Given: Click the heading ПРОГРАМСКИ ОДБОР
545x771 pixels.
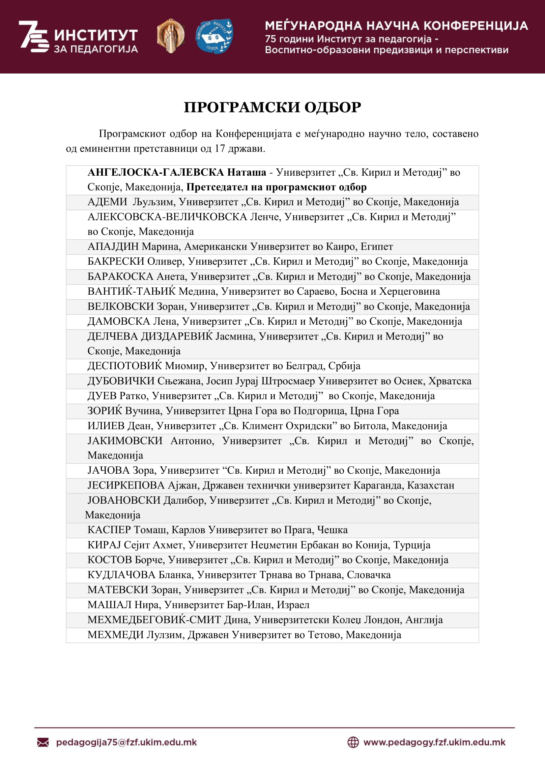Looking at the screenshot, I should (x=272, y=107).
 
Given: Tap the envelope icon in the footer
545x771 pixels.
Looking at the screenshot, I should (x=43, y=742).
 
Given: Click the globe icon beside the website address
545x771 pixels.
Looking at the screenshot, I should (x=353, y=742).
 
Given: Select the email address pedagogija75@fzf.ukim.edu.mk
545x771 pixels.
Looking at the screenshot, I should (x=126, y=742).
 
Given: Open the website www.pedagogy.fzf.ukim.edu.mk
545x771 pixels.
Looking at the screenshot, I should (x=434, y=742).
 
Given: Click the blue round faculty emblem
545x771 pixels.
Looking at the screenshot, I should (x=214, y=36).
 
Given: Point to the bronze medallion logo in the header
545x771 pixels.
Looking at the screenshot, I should (x=171, y=36).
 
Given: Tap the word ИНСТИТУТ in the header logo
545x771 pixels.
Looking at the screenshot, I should (x=96, y=35).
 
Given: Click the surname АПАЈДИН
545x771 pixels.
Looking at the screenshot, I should (x=113, y=247).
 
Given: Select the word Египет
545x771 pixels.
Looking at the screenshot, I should (x=377, y=247).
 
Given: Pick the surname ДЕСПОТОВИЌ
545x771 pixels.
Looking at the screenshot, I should (x=125, y=366).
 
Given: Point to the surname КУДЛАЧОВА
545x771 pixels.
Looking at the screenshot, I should (x=122, y=575).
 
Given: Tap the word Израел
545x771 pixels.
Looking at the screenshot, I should (x=293, y=605).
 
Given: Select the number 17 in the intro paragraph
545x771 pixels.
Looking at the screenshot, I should (x=220, y=148).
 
